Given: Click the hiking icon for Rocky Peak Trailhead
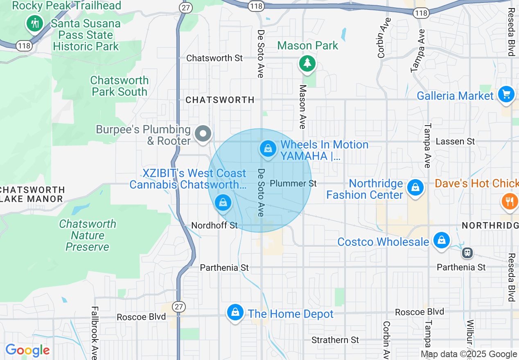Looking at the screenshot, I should tap(35, 23).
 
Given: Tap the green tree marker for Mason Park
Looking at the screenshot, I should tap(307, 63).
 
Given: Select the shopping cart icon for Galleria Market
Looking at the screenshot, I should tap(506, 94).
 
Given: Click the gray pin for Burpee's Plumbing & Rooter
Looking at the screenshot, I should tap(203, 133).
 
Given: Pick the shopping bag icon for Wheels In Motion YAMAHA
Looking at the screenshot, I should tap(268, 148).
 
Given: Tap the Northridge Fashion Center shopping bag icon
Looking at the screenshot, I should tap(415, 188).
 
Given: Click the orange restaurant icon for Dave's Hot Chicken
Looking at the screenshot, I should tap(510, 201).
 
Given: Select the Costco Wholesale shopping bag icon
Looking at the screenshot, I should tap(442, 240).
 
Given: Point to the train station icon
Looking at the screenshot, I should tap(467, 253).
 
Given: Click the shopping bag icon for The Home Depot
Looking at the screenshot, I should tap(235, 313).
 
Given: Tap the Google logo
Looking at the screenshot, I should tap(27, 350).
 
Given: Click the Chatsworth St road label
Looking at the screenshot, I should tap(214, 58).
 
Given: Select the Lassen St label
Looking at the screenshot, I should tap(455, 142).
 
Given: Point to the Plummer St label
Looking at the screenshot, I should tap(293, 183).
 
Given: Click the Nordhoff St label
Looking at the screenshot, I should tap(214, 225).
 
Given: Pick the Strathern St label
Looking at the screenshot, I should tap(335, 340).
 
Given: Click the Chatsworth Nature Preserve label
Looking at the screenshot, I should tap(88, 235).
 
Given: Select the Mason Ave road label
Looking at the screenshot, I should tap(303, 106).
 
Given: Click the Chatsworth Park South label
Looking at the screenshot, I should tap(120, 86).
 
